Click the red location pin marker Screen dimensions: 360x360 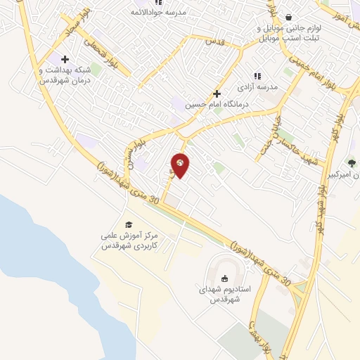pyautogui.click(x=180, y=165)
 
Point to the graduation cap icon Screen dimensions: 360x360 pyautogui.click(x=128, y=224)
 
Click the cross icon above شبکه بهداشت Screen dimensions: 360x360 pyautogui.click(x=65, y=59)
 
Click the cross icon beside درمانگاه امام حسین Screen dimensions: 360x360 pyautogui.click(x=217, y=94)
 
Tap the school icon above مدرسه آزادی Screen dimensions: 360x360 pyautogui.click(x=257, y=76)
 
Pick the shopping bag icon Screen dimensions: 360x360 pyautogui.click(x=288, y=18)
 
